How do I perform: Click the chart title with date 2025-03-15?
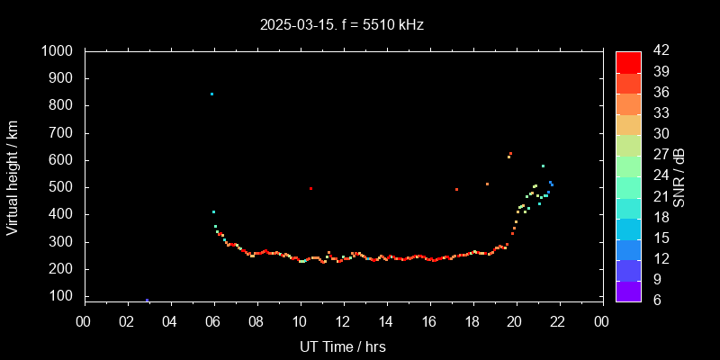click(x=341, y=25)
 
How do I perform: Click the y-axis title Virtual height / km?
click(x=13, y=177)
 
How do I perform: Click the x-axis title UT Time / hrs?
click(x=343, y=346)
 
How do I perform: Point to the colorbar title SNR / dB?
click(x=679, y=176)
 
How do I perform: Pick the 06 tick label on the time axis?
click(x=213, y=320)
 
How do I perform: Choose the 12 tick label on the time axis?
click(x=343, y=320)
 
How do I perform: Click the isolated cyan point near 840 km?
click(x=211, y=94)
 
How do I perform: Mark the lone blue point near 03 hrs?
click(x=147, y=300)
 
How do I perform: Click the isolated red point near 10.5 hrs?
click(x=310, y=188)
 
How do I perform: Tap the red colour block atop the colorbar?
click(x=628, y=61)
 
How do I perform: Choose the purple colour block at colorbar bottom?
click(x=628, y=290)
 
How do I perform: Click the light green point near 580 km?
click(x=543, y=166)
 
